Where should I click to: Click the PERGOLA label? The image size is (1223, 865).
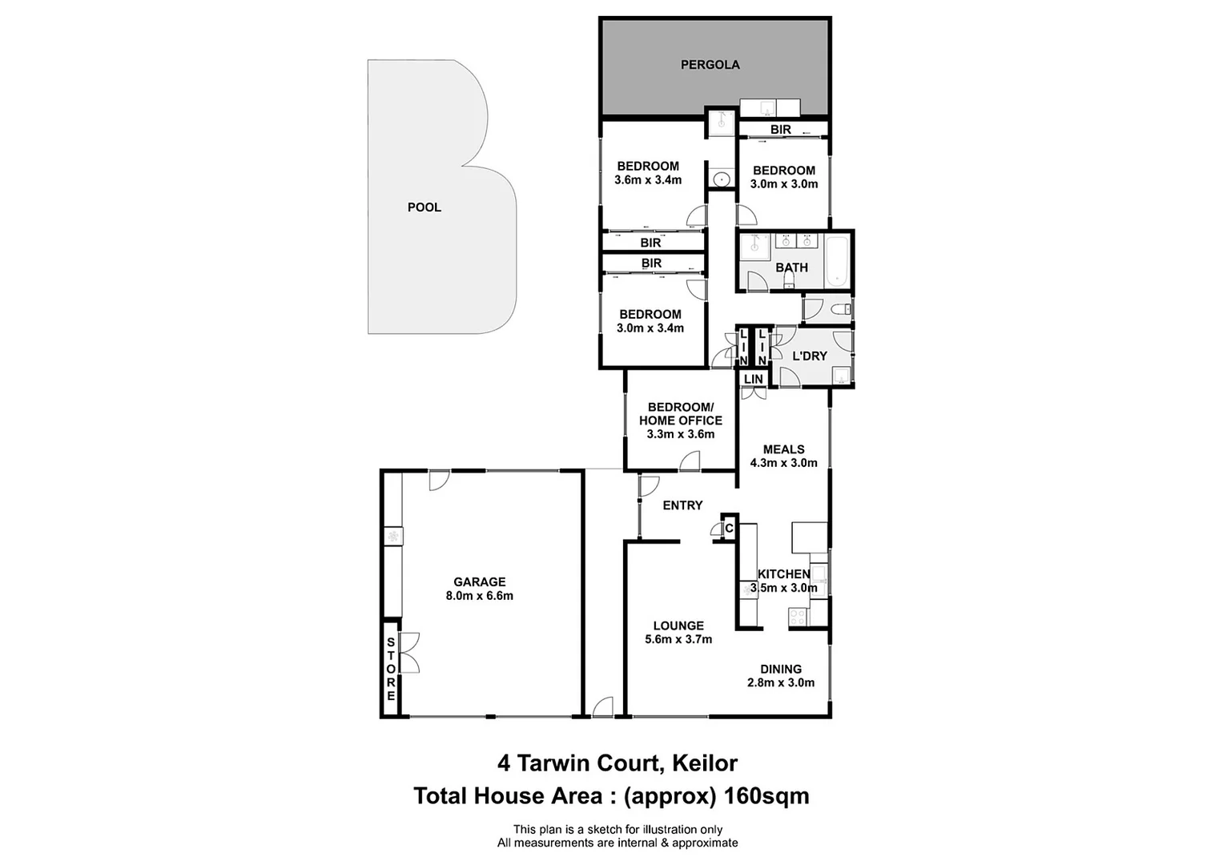[x=710, y=65]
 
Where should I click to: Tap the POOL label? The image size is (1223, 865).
[x=424, y=207]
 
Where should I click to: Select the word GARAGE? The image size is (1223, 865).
[x=479, y=582]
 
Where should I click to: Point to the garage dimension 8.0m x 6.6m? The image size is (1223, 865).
[x=479, y=596]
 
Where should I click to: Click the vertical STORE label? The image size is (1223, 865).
[x=391, y=669]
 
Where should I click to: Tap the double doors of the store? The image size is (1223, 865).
[x=409, y=653]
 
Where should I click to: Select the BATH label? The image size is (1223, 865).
[x=791, y=268]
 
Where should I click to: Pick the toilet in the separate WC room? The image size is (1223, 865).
[x=841, y=309]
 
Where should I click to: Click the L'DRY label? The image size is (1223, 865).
[x=809, y=356]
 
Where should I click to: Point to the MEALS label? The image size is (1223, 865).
[x=783, y=449]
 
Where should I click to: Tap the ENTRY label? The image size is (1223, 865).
[x=682, y=505]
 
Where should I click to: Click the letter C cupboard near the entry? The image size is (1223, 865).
[x=729, y=528]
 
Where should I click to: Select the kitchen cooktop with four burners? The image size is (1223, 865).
[x=798, y=617]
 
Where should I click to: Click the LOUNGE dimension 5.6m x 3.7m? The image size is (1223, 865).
[x=678, y=639]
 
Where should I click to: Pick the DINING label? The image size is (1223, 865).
[x=781, y=669]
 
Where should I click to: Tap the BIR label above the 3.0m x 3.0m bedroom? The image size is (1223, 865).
[x=780, y=130]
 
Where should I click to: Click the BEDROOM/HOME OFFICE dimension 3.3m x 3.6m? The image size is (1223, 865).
[x=680, y=434]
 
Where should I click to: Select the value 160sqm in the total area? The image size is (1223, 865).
[x=766, y=796]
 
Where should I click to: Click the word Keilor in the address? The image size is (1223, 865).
[x=704, y=763]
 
